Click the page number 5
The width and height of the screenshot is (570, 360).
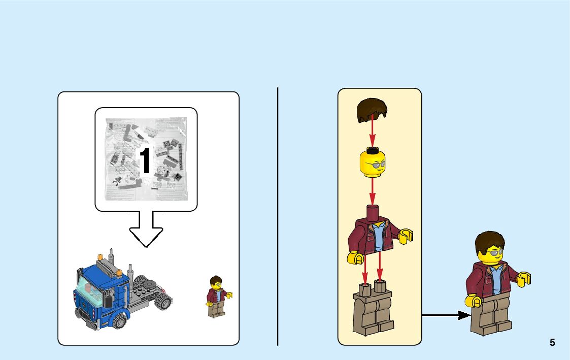point(552,343)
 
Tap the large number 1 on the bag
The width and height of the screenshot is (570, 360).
point(145,161)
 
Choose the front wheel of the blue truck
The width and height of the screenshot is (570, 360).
point(120,320)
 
